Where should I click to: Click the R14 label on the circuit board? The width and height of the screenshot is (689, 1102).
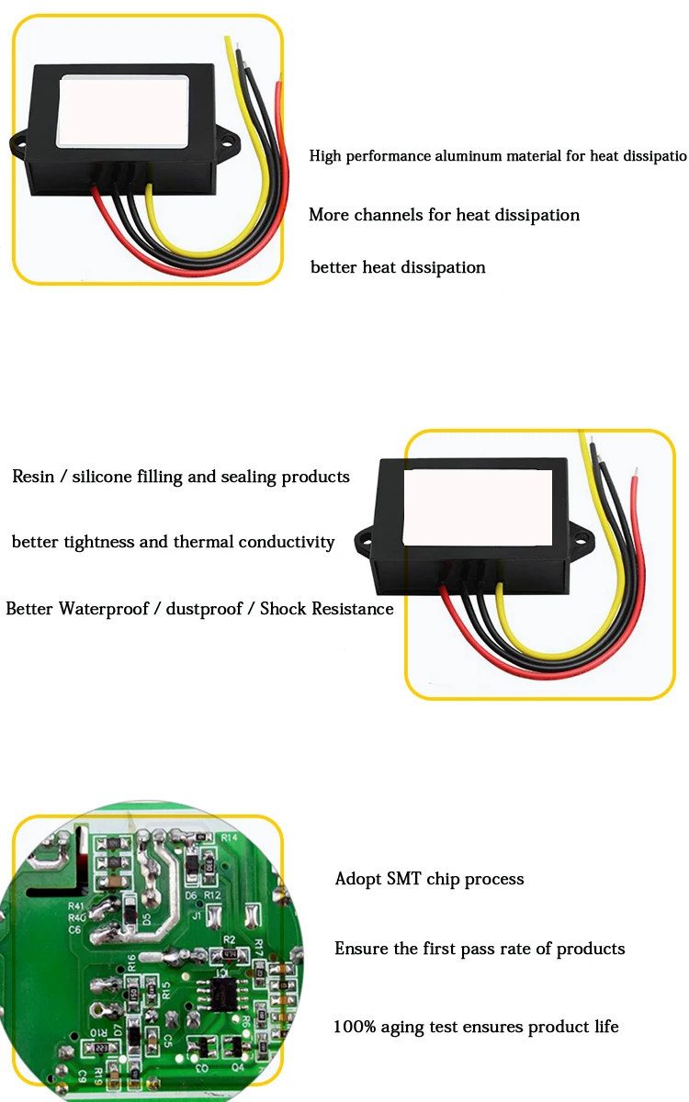click(x=229, y=838)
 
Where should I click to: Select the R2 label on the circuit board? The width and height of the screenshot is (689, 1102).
click(x=230, y=939)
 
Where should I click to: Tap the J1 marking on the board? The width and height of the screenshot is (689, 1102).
click(x=196, y=915)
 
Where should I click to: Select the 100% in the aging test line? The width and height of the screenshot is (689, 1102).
click(x=353, y=1026)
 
